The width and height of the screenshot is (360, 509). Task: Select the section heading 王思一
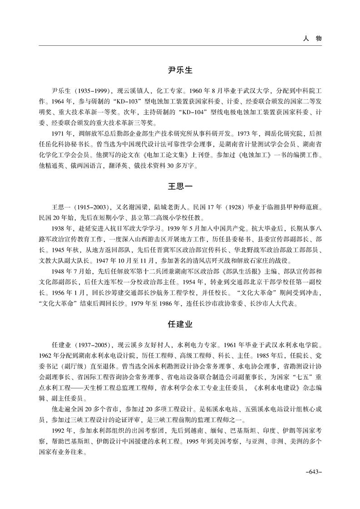(x=180, y=187)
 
